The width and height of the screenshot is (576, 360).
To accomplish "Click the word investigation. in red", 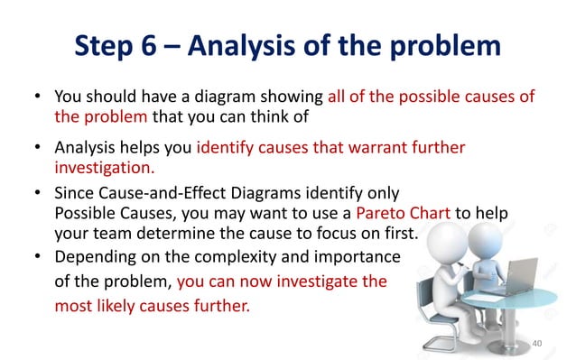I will [104, 168].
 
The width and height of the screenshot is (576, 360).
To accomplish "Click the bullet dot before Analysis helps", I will [38, 148].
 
